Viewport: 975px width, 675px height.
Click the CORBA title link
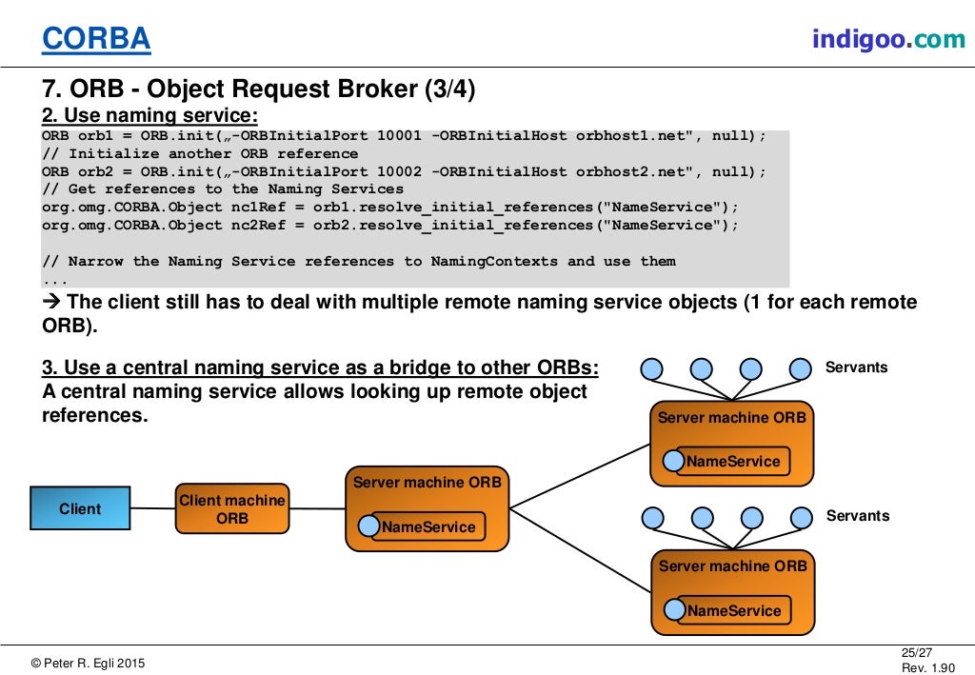(96, 38)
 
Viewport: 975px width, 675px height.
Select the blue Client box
(80, 508)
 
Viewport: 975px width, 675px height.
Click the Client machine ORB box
(232, 508)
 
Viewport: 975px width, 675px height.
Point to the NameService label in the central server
(428, 526)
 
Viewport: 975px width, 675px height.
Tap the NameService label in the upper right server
(732, 461)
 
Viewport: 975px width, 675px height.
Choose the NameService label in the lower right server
(733, 610)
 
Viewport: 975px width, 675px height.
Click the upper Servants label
(857, 367)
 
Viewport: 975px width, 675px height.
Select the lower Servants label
(857, 516)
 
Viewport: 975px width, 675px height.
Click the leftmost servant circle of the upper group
(651, 369)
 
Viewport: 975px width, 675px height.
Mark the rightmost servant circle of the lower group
(802, 518)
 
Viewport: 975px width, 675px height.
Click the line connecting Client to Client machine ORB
(152, 508)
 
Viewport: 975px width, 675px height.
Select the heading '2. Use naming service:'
(149, 116)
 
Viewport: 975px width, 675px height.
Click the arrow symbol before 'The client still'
(52, 302)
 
